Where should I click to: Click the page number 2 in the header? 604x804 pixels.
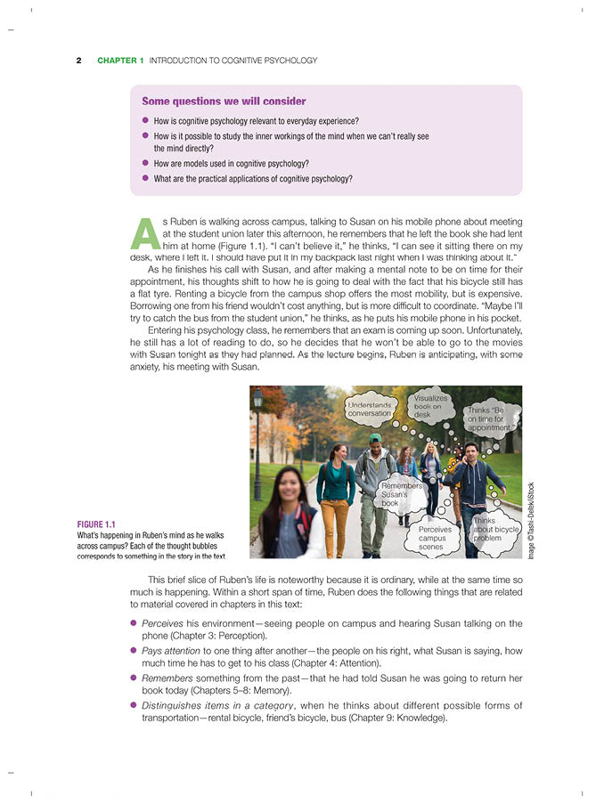tap(78, 61)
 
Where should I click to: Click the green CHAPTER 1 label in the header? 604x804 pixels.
tap(120, 61)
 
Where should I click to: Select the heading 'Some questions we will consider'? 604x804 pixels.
tap(224, 102)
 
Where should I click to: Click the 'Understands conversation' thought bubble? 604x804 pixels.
tap(370, 409)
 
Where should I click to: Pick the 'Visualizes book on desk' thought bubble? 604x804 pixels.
tap(431, 406)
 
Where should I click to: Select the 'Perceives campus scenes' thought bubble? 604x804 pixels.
tap(435, 537)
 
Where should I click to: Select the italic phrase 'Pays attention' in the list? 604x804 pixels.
tap(171, 651)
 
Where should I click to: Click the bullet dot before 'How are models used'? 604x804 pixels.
tap(145, 164)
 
